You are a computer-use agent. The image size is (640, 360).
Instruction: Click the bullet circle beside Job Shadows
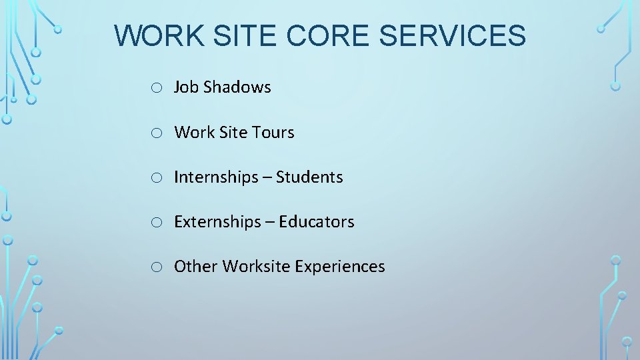155,88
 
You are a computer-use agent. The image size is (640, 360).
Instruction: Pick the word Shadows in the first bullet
237,87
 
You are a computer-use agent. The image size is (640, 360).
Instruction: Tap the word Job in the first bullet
186,87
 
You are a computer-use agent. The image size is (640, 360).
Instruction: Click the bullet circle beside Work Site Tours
155,133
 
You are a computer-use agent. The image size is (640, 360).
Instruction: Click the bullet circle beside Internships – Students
155,178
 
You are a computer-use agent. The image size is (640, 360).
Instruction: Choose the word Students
309,177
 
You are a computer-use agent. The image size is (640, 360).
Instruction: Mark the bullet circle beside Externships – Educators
155,223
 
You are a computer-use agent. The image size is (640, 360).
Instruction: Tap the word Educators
317,222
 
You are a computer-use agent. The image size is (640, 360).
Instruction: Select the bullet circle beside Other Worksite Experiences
155,267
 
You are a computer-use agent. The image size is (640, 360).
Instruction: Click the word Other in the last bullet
196,267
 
